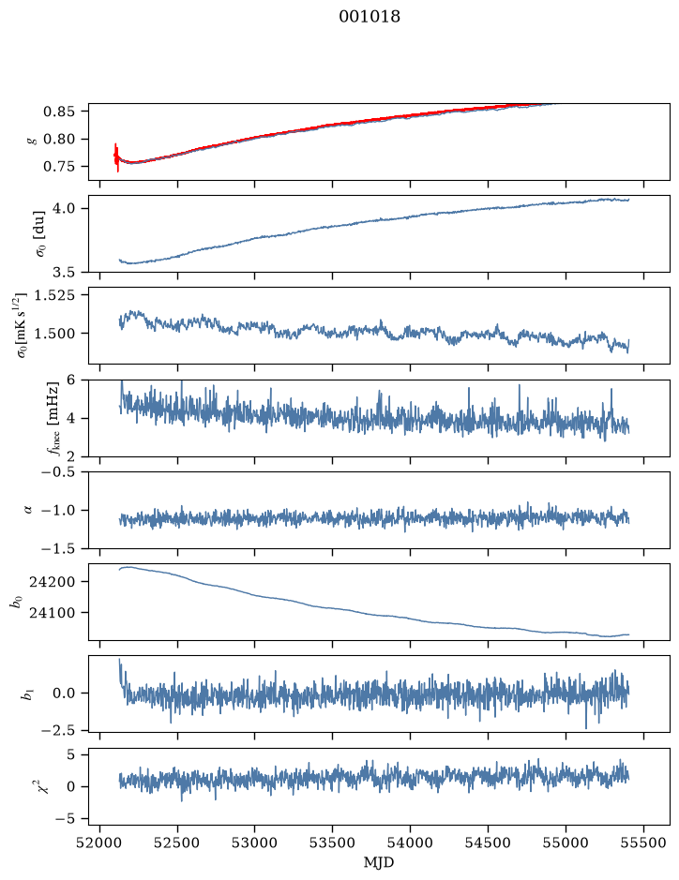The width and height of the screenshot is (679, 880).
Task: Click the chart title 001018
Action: tap(370, 17)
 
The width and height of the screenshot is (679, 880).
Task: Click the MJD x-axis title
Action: tap(379, 862)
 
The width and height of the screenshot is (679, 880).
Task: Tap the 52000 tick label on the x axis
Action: tap(100, 843)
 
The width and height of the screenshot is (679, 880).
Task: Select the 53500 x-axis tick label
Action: tap(333, 843)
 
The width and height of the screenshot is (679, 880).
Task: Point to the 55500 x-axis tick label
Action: tap(643, 843)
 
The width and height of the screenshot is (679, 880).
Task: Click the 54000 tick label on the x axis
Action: tap(410, 843)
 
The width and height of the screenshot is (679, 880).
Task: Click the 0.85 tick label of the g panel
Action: tap(58, 112)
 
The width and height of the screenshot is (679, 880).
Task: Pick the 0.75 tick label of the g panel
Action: tap(58, 167)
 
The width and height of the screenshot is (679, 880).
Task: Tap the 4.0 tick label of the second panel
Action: tap(64, 209)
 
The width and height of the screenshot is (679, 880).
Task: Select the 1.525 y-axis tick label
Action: tap(54, 294)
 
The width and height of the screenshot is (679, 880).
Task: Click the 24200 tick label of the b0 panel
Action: tap(52, 582)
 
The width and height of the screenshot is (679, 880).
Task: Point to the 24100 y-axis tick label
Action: tap(52, 613)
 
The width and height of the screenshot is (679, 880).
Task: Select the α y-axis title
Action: tap(28, 510)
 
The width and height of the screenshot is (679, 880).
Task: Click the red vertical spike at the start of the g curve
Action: tap(117, 157)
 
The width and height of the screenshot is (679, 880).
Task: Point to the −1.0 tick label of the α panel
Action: tap(58, 511)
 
